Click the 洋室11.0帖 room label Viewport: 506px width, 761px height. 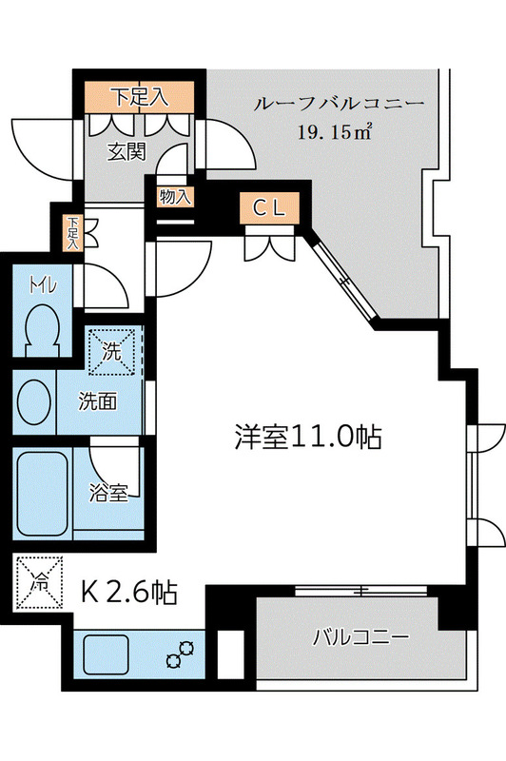pos(308,437)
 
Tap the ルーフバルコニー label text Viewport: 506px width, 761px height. pos(338,104)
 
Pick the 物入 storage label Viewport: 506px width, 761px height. pos(171,198)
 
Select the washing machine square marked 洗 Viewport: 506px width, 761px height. pos(112,350)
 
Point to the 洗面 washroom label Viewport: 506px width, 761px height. pos(98,401)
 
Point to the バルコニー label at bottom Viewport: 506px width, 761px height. pos(361,636)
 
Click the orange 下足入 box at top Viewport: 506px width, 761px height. pos(141,96)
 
